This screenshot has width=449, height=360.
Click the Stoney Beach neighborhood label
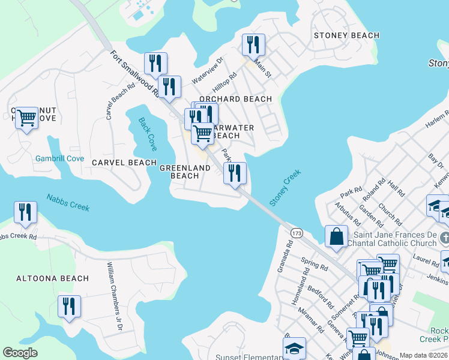tap(346, 35)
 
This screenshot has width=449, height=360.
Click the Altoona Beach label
tap(53, 278)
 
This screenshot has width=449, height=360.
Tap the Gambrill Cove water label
tap(59, 159)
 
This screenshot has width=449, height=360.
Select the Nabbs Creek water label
tap(68, 203)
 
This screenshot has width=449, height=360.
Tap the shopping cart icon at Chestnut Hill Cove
tap(26, 118)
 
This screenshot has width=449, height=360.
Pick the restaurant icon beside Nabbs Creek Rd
tap(25, 212)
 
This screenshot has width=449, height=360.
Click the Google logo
tap(20, 353)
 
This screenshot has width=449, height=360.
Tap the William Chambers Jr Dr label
tap(114, 296)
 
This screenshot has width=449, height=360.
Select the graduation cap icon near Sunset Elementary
tap(295, 348)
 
